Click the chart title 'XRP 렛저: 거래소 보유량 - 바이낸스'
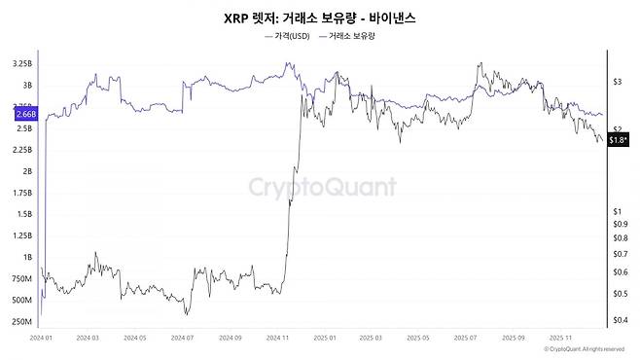tap(320, 18)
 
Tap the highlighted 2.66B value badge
tap(26, 114)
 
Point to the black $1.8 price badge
tap(617, 141)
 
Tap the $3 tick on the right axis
tap(617, 83)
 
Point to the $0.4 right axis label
tap(619, 319)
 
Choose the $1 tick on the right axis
tap(617, 211)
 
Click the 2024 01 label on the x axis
tap(41, 340)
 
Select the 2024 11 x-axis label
tap(275, 340)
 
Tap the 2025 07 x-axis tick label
tap(465, 340)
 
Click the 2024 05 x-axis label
tap(134, 340)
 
